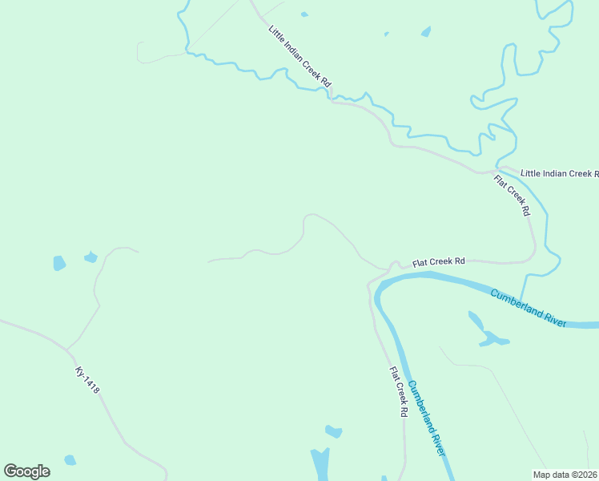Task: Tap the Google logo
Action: (x=26, y=471)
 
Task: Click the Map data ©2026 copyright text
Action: (x=565, y=474)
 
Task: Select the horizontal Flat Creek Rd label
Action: (x=438, y=261)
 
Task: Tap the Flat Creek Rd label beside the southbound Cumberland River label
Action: (x=399, y=393)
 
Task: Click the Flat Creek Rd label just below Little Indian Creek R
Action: (x=512, y=196)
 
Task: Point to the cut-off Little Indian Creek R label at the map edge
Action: (x=559, y=173)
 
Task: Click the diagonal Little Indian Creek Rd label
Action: (x=299, y=56)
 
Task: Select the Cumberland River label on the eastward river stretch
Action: (x=529, y=307)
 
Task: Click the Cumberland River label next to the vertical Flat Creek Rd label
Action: (x=426, y=417)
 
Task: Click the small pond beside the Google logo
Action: (x=70, y=460)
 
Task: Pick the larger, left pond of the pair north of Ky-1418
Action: (x=58, y=263)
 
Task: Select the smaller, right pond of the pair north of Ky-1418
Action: (x=90, y=257)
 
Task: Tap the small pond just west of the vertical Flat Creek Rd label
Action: (x=334, y=432)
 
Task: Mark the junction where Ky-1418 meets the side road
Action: (x=67, y=349)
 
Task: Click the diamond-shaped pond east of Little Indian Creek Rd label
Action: (x=425, y=32)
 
